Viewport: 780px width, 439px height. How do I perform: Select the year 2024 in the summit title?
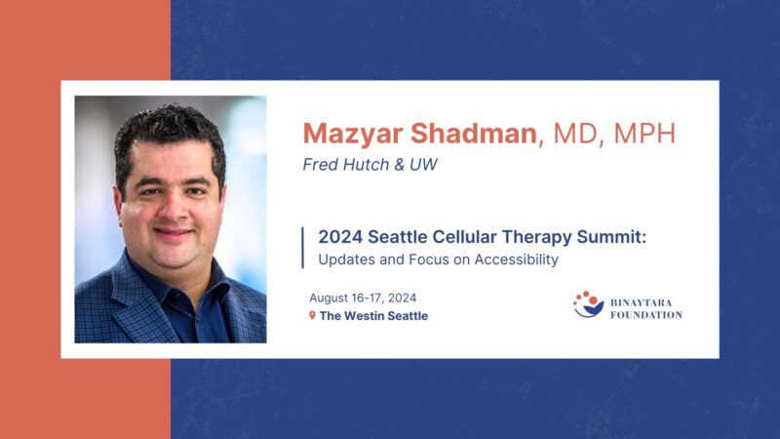(339, 237)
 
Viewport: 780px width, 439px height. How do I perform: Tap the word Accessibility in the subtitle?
(515, 259)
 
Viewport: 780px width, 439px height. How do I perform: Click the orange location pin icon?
(312, 315)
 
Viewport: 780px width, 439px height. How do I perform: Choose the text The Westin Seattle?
(373, 315)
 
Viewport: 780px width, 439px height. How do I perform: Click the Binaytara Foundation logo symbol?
(588, 304)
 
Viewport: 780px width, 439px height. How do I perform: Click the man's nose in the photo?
(172, 209)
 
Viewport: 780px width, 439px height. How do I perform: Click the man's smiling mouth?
(173, 234)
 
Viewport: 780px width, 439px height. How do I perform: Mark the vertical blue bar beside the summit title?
(303, 248)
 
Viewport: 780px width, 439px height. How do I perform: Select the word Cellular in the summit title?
(438, 237)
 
